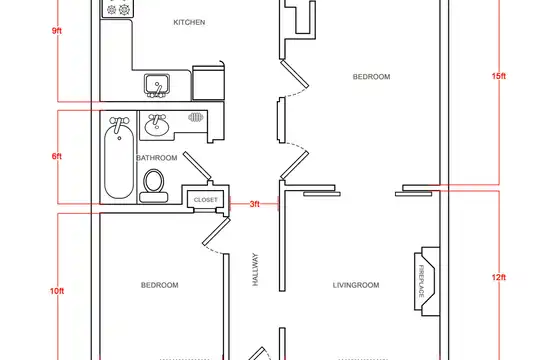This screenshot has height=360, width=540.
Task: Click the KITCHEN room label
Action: [189, 22]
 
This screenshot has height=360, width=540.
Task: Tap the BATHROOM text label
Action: [157, 158]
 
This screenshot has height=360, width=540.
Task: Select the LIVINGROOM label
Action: [356, 285]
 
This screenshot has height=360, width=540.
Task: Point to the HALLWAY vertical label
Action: [255, 269]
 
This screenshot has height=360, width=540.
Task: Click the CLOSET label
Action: [206, 200]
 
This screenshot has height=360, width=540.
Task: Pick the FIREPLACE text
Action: [421, 281]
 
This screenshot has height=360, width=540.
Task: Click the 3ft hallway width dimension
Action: [255, 204]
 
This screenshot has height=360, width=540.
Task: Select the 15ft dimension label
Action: [499, 76]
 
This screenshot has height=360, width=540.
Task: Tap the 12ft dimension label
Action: [499, 277]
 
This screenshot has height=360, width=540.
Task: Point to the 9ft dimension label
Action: [57, 31]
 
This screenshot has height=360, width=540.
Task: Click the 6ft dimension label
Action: [57, 156]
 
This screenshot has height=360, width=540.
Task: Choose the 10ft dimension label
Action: [57, 291]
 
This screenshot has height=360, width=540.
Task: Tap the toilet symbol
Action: [154, 186]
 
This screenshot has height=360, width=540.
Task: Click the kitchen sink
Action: [157, 85]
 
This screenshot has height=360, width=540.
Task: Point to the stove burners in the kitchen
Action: [117, 9]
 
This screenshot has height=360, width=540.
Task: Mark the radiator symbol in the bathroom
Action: [196, 118]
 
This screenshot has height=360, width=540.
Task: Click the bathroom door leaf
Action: [197, 165]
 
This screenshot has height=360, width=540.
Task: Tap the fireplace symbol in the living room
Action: [427, 281]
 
